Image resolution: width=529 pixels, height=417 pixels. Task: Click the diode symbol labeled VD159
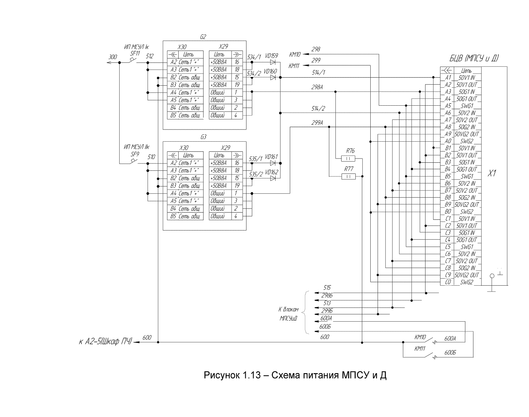click(x=273, y=62)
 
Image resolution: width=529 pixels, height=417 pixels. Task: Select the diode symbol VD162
click(x=273, y=178)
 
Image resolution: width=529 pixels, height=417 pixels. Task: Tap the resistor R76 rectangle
click(x=348, y=159)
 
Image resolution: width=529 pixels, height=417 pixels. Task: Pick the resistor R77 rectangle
click(x=348, y=177)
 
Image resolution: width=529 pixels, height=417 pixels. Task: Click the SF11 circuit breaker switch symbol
click(x=133, y=61)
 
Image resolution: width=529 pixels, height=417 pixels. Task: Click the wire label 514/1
click(x=318, y=72)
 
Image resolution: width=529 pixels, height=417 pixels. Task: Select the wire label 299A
click(x=317, y=123)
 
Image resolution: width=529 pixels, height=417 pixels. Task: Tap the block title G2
click(x=203, y=37)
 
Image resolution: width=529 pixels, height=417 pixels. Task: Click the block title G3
click(x=203, y=137)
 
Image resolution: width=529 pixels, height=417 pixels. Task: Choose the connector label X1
click(x=492, y=173)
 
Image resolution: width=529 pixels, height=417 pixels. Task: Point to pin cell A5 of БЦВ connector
click(x=448, y=106)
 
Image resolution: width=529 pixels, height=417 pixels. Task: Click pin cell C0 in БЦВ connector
click(x=448, y=282)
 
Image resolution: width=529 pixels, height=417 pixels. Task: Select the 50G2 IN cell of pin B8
click(x=467, y=198)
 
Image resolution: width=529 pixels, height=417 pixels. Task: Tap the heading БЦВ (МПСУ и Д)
click(x=474, y=59)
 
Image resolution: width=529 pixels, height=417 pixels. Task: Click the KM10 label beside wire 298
click(x=294, y=54)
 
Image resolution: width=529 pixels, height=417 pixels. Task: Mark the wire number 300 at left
click(x=113, y=57)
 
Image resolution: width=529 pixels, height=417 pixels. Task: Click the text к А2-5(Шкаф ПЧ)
click(x=105, y=341)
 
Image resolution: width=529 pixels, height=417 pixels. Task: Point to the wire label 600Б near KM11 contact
click(x=450, y=352)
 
